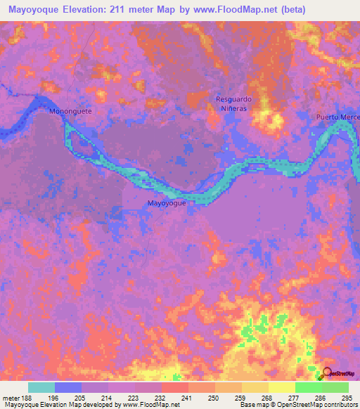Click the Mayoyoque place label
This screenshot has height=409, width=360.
click(x=167, y=203)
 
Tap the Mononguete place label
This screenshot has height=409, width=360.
click(x=70, y=111)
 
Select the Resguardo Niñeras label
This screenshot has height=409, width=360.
click(x=233, y=105)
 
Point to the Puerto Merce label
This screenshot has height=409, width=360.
click(x=337, y=117)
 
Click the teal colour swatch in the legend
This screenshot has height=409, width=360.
click(x=41, y=387)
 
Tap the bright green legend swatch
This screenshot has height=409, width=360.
click(x=308, y=387)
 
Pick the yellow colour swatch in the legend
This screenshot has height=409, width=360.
click(x=281, y=387)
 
